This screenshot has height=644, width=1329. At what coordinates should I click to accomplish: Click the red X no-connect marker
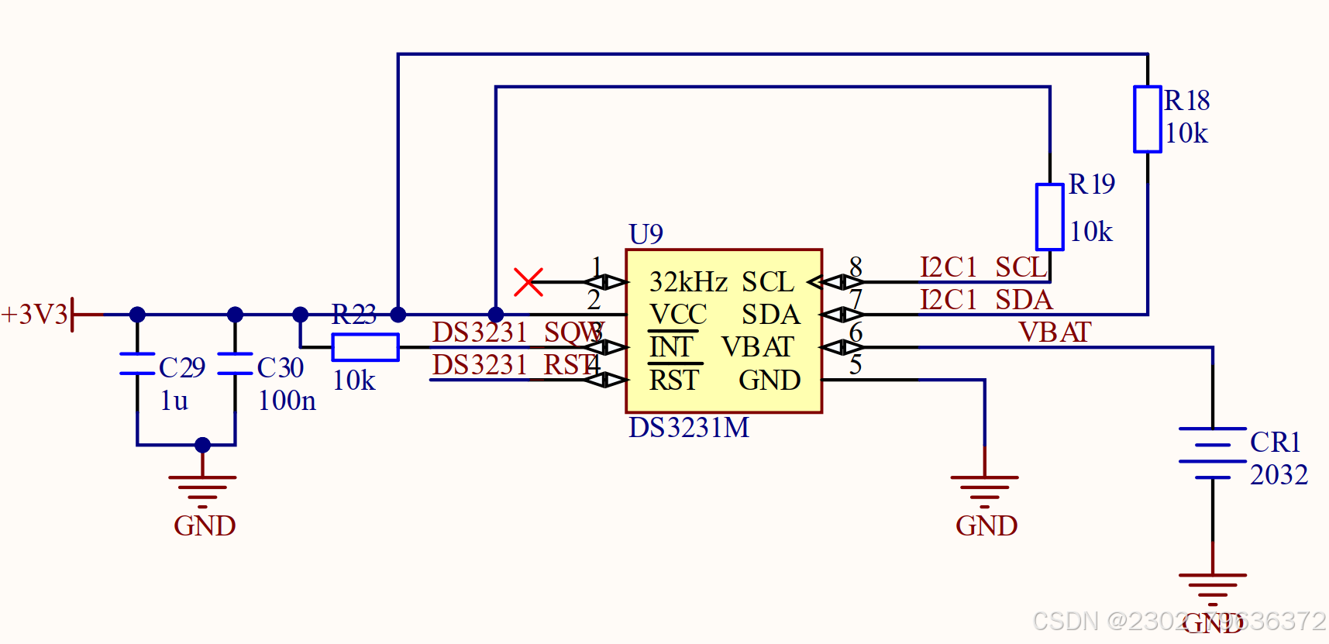coord(529,282)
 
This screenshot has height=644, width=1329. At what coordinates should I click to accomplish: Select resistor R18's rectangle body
coord(1147,119)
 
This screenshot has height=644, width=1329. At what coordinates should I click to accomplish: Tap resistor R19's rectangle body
coord(1049,217)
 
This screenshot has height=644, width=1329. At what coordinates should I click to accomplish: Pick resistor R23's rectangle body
coord(365,347)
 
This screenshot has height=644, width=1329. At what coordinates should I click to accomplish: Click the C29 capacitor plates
coord(137,363)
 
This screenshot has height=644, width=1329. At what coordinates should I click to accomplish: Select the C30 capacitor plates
coord(235,363)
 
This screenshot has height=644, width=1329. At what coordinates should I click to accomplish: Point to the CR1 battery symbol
coord(1212,453)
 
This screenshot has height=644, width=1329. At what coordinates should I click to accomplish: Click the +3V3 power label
coord(35,315)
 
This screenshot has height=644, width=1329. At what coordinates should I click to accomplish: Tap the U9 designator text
coord(646,234)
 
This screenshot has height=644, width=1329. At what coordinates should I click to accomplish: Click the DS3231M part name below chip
coord(689,428)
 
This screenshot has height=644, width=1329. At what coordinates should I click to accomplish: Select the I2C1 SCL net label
coord(983,267)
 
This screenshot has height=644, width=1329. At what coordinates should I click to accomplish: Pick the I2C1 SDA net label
coord(986,300)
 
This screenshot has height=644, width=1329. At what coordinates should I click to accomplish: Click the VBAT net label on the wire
coord(1054,332)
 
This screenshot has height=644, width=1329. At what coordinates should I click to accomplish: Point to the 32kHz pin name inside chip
coord(688,281)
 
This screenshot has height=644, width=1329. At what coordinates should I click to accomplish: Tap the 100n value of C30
coord(287,401)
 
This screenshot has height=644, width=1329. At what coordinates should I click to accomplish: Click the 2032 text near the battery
coord(1279,474)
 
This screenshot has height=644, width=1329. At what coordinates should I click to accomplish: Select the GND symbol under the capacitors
coord(202,492)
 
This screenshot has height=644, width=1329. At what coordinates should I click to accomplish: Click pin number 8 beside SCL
coord(856,267)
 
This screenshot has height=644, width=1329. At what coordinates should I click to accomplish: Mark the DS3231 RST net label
coord(515,365)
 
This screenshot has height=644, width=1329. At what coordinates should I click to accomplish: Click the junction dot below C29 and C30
coord(202,445)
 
